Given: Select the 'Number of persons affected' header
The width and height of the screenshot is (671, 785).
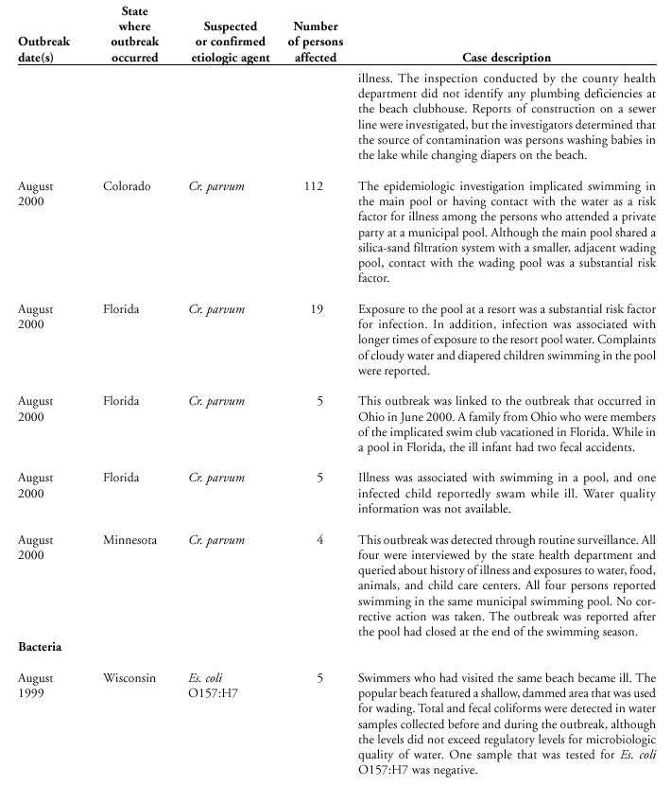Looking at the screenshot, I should [x=316, y=42].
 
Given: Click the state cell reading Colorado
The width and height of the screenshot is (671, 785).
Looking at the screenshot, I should [x=127, y=186].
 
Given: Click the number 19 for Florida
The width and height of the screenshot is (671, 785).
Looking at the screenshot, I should [x=316, y=309].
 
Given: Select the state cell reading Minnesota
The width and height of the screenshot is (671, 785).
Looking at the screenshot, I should [x=130, y=540].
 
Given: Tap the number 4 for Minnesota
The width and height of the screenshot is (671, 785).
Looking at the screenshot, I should [x=319, y=540].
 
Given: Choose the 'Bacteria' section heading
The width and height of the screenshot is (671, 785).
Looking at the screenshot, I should [x=43, y=648].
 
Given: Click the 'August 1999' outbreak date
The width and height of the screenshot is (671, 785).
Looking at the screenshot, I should [x=36, y=686].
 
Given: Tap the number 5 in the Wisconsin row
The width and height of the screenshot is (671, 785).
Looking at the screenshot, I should [x=319, y=678].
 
